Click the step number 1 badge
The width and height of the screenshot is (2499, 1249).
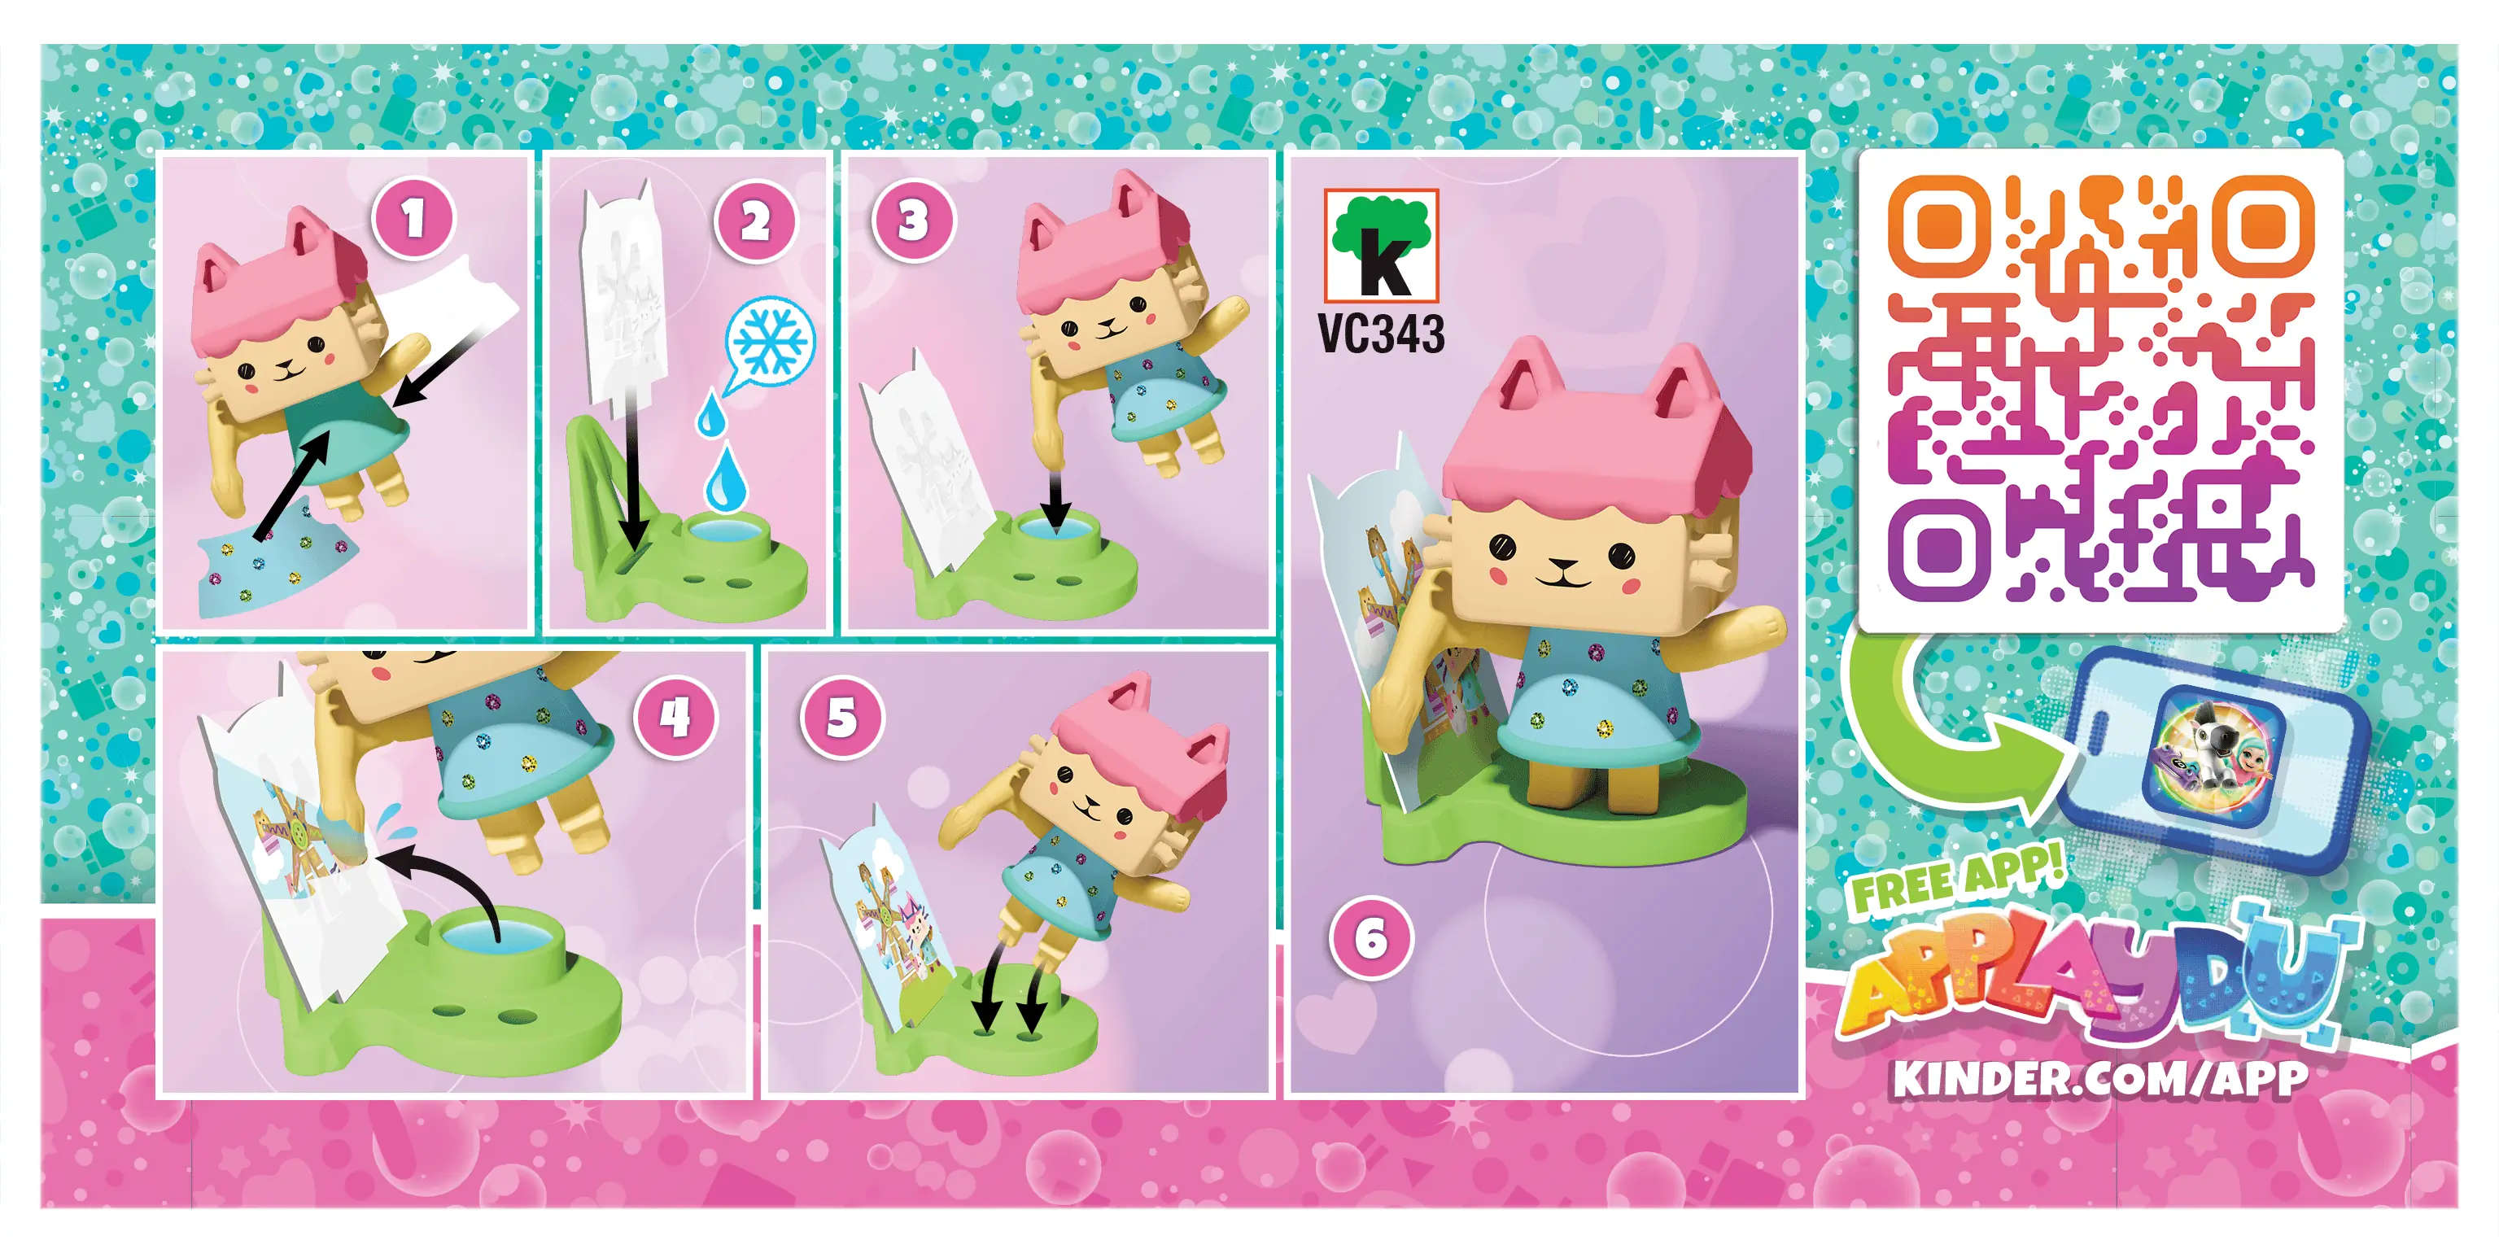[414, 218]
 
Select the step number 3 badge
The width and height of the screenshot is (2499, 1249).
[912, 221]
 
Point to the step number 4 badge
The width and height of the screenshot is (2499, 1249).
[675, 718]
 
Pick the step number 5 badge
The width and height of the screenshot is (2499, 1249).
[842, 718]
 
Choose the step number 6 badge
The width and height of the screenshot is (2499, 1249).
[1371, 937]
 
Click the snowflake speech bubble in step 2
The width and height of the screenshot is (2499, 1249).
[768, 342]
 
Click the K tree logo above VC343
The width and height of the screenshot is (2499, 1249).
[1382, 246]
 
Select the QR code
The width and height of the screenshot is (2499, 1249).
[2100, 388]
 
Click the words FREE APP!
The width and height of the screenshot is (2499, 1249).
[1957, 880]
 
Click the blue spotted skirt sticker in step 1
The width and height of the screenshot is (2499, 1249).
[277, 555]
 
